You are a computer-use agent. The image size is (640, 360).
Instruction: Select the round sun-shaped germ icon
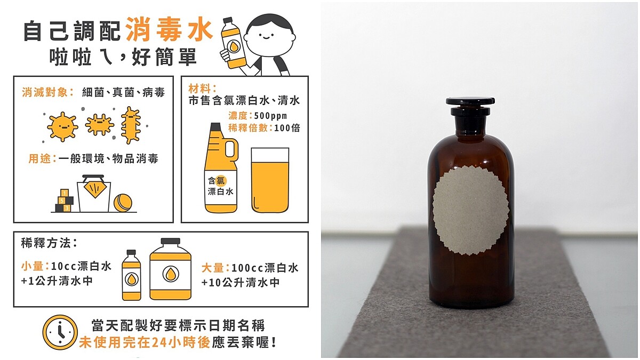[x=62, y=126]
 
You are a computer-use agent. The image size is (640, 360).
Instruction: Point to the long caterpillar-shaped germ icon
[x=130, y=125]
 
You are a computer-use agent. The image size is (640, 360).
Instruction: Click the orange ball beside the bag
[x=123, y=202]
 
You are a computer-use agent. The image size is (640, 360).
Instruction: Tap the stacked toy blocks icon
[x=63, y=201]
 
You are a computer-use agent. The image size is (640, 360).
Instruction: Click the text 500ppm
[x=270, y=116]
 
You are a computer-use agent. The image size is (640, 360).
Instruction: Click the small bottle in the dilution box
[x=131, y=275]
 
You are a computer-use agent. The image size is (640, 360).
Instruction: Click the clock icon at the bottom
[x=60, y=332]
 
